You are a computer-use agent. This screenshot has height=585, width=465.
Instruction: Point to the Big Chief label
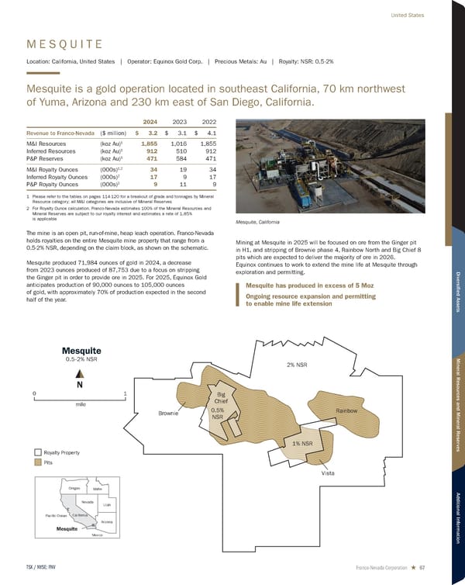pyautogui.click(x=221, y=397)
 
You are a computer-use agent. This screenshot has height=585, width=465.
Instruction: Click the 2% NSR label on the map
pyautogui.click(x=297, y=364)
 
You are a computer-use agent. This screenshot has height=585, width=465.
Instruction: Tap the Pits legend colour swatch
pyautogui.click(x=37, y=462)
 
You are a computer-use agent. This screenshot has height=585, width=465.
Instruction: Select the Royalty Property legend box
pyautogui.click(x=37, y=452)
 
